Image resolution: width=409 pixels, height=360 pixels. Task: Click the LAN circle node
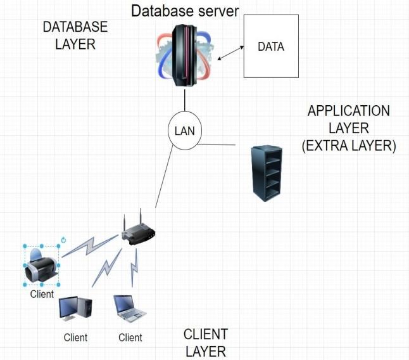(x=184, y=132)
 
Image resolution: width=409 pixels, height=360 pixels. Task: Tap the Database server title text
(x=185, y=10)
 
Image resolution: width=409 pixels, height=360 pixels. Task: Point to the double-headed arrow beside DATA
(x=230, y=53)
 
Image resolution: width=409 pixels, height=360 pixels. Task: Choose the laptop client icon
(x=130, y=309)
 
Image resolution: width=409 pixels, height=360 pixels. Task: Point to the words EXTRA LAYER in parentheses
(x=349, y=146)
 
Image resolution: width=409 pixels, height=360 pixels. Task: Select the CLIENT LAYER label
(x=206, y=343)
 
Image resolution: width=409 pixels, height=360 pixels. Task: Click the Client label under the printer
(x=42, y=295)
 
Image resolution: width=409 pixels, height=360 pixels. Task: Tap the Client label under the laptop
(x=130, y=337)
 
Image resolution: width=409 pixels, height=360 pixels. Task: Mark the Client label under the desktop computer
(x=75, y=337)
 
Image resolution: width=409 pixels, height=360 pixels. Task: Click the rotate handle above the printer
(x=63, y=240)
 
